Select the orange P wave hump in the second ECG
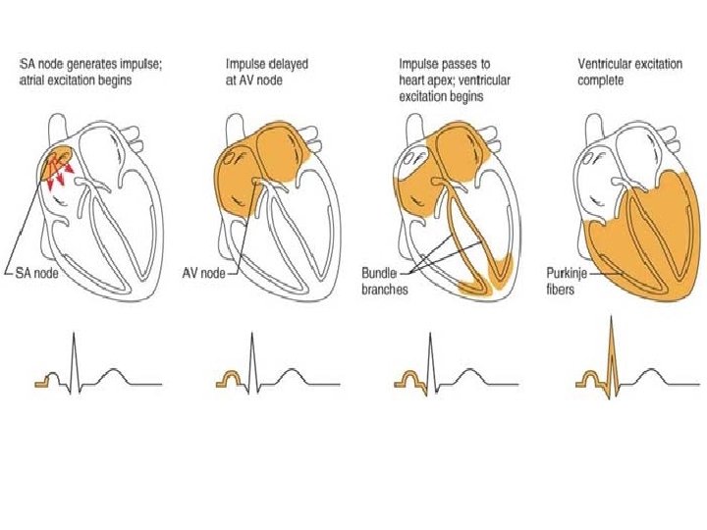click(x=232, y=376)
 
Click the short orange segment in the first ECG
click(x=43, y=381)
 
